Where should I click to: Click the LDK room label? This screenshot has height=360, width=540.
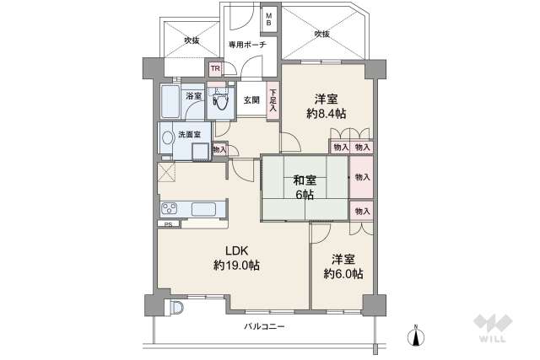pos(236,250)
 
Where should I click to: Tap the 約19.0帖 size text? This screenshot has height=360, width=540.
pos(236,265)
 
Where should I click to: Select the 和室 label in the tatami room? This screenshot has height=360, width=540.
pos(304,180)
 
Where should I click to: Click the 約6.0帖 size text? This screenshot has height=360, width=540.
pos(344,273)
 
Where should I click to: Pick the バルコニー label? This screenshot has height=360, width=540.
pos(265,325)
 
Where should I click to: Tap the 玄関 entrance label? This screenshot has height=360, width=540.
pos(251,99)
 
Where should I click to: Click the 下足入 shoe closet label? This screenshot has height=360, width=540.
pos(273,100)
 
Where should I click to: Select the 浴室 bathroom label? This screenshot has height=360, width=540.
pos(194,95)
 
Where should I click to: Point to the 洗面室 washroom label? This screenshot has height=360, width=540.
pos(189,134)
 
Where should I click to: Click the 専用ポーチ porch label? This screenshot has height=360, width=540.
pos(247,44)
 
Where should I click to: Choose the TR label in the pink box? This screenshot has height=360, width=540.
pos(214,69)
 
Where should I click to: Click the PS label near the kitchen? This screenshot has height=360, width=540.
pos(168,224)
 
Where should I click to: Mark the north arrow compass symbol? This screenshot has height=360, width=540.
pos(416,336)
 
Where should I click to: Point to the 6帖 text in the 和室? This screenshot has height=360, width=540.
pos(304,195)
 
